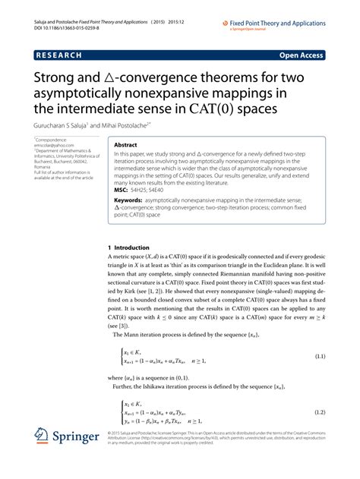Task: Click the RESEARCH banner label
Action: (x=62, y=55)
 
